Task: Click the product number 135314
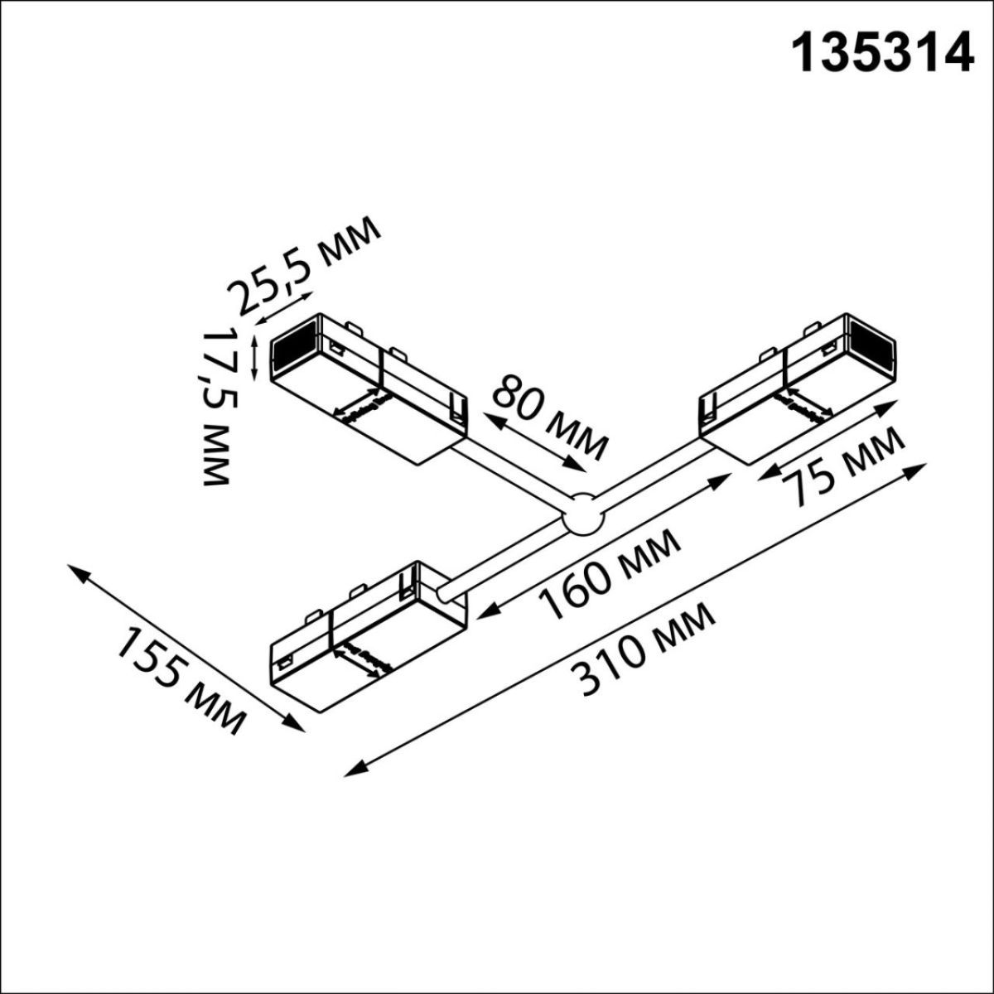click(x=883, y=53)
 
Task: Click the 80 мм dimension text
click(x=547, y=417)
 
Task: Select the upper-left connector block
click(x=369, y=385)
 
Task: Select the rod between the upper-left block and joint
click(x=514, y=472)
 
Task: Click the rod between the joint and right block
click(x=654, y=472)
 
